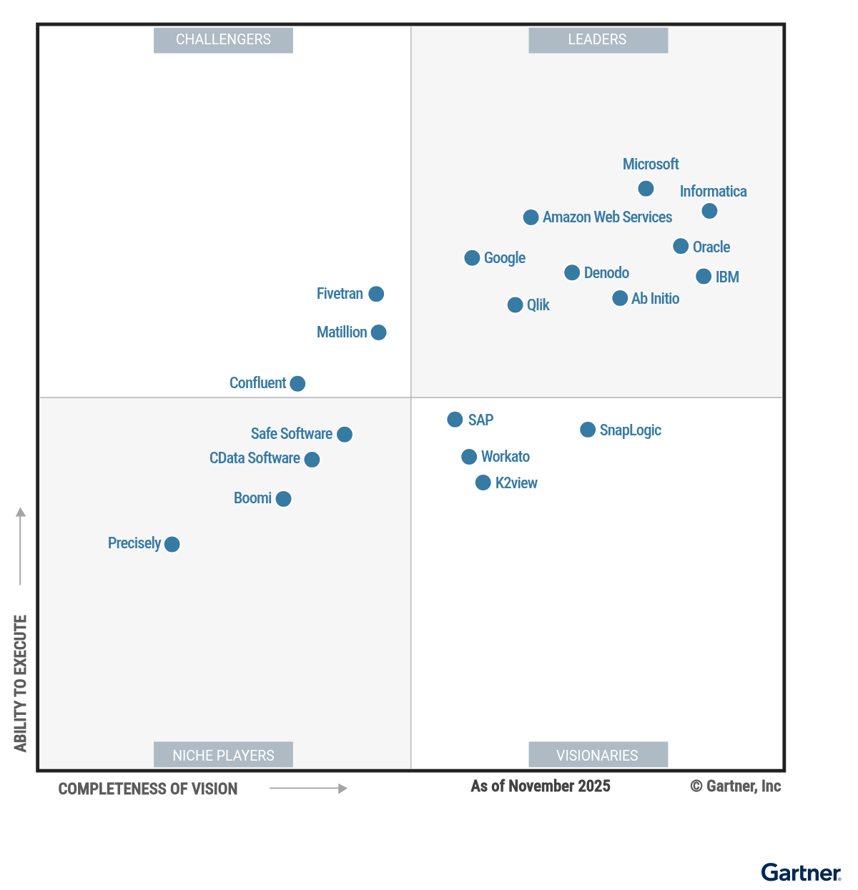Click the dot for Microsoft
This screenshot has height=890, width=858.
(646, 189)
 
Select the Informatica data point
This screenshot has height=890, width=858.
(709, 211)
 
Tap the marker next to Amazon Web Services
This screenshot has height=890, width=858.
(531, 217)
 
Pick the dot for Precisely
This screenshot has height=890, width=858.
(172, 544)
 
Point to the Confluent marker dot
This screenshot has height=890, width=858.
(297, 383)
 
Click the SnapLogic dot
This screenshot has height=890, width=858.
(587, 430)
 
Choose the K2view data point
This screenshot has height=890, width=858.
(483, 482)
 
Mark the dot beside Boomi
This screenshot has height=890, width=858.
(283, 498)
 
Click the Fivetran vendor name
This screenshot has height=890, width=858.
(340, 294)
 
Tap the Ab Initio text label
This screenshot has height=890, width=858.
(655, 298)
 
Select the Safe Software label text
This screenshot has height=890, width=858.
(291, 434)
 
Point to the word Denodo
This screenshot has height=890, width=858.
(606, 272)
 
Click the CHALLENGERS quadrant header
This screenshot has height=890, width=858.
(223, 40)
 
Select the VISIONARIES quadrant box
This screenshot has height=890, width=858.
(598, 754)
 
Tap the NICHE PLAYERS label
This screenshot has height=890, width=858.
(223, 754)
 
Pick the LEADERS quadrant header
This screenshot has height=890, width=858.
(598, 40)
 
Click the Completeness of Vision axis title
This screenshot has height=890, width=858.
(148, 788)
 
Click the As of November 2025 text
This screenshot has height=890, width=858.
(540, 786)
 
